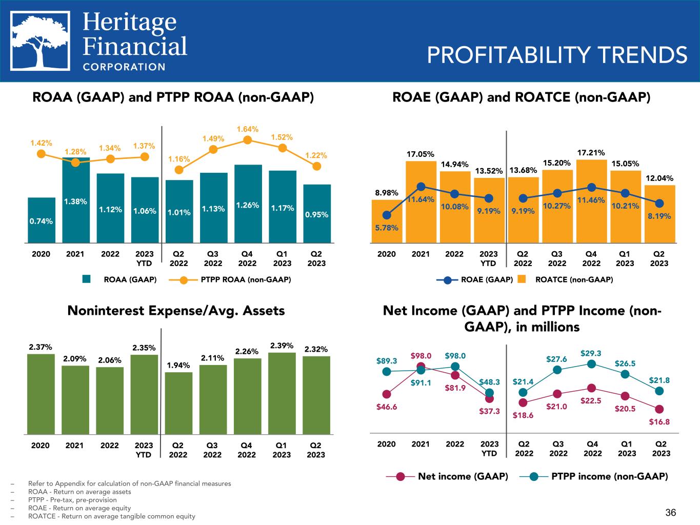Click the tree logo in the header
point(42,41)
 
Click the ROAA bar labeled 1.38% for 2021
point(76,200)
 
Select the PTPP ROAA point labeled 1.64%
point(248,139)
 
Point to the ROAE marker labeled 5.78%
point(387,215)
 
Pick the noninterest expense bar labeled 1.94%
point(178,403)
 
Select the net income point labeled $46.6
point(387,394)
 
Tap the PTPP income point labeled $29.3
point(591,364)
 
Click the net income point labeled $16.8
point(659,409)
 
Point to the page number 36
point(671,512)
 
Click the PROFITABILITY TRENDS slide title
point(557,55)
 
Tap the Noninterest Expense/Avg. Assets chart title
point(176,311)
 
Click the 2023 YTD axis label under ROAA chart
point(144,259)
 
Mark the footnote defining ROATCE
point(112,516)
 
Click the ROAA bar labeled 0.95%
point(317,213)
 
